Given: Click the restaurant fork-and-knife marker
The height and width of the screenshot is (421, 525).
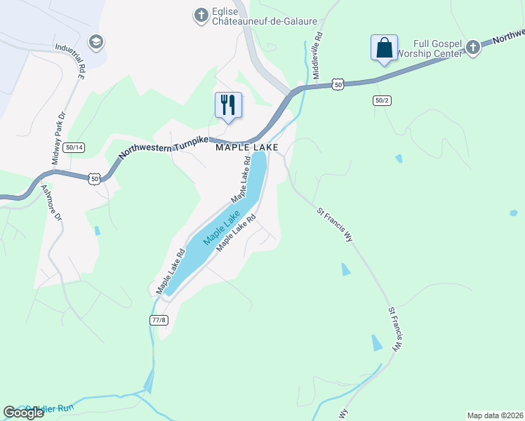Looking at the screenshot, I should pyautogui.click(x=228, y=105).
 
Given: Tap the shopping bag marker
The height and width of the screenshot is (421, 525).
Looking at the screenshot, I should pyautogui.click(x=384, y=48).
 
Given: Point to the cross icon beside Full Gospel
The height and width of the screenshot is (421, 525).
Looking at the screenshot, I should pyautogui.click(x=472, y=47).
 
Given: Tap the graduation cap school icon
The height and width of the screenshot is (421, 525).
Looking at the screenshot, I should pyautogui.click(x=96, y=42).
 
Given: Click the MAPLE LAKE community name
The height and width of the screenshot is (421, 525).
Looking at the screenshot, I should pyautogui.click(x=246, y=147).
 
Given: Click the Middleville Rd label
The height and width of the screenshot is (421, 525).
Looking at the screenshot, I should pyautogui.click(x=317, y=54).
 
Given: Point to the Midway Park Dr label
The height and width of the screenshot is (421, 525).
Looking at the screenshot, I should pyautogui.click(x=58, y=139).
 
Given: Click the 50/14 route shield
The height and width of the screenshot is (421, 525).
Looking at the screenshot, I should pyautogui.click(x=73, y=147).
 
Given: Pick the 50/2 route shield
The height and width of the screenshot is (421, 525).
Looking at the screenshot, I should pyautogui.click(x=382, y=100).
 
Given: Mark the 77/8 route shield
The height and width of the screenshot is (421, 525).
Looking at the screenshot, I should pyautogui.click(x=159, y=320).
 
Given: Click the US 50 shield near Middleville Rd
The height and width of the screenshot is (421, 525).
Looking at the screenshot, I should pyautogui.click(x=338, y=84).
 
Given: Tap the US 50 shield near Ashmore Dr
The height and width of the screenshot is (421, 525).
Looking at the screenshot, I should pyautogui.click(x=95, y=179).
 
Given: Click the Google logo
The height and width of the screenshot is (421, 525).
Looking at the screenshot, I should pyautogui.click(x=23, y=413).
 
